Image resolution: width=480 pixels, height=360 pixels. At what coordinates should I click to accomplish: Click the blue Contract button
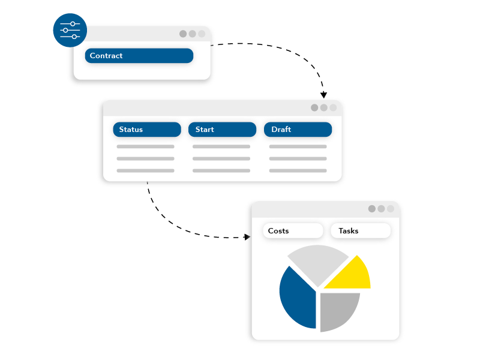(139, 56)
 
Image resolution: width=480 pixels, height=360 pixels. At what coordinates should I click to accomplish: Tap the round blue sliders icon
(70, 31)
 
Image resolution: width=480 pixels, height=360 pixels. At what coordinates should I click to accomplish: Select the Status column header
(147, 130)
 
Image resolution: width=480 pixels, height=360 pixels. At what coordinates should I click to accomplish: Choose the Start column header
(222, 130)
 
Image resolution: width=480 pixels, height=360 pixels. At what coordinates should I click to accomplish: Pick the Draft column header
(298, 130)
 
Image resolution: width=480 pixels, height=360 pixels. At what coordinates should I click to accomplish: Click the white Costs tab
(293, 231)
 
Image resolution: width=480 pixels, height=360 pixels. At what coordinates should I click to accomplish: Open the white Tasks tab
(361, 231)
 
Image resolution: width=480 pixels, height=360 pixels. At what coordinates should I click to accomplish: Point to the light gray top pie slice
(318, 263)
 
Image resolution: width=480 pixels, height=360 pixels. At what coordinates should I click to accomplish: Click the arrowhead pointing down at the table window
(323, 95)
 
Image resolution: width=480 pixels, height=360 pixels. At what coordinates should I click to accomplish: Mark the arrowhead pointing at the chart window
(247, 237)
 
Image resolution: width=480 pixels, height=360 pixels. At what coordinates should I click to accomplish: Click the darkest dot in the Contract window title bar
(183, 34)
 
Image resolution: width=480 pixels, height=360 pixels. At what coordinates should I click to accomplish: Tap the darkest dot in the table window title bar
(314, 108)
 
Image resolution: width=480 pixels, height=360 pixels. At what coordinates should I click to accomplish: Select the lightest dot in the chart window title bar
(391, 209)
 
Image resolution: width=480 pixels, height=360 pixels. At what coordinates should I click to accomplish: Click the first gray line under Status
(145, 146)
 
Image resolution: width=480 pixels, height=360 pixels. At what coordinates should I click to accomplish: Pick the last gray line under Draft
(298, 171)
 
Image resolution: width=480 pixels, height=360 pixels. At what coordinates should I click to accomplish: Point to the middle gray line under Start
(221, 158)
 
